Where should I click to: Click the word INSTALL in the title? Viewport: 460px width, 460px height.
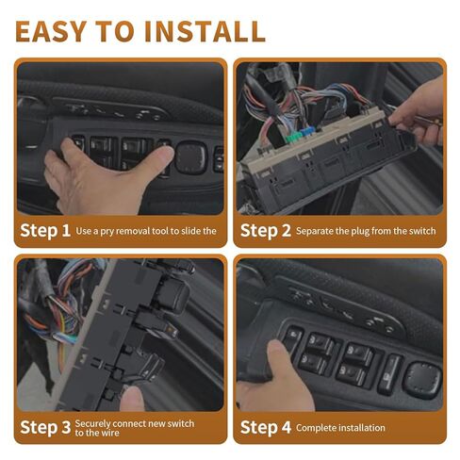click(205, 31)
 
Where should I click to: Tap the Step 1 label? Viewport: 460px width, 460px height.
click(45, 231)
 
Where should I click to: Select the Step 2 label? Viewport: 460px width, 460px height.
click(266, 231)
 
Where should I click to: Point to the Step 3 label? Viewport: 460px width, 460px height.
click(45, 427)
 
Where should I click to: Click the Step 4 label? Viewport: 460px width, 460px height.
click(266, 427)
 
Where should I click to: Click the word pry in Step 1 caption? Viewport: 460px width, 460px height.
click(106, 232)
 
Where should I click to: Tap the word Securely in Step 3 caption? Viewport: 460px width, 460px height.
click(92, 424)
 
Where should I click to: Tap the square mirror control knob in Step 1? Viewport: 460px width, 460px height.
click(191, 157)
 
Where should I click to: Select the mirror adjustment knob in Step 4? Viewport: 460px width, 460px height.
click(422, 379)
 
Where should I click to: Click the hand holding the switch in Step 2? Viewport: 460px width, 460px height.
click(418, 113)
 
